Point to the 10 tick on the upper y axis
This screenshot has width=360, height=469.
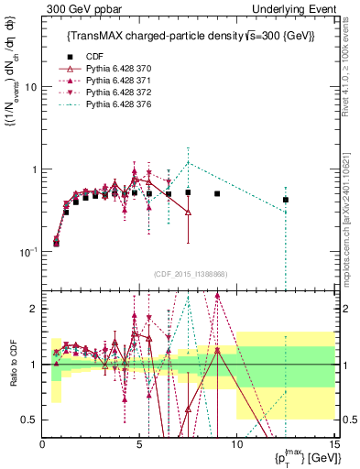[x=30, y=87]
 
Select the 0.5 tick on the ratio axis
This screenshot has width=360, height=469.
[x=29, y=420]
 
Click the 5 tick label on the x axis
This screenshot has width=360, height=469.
[x=139, y=445]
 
